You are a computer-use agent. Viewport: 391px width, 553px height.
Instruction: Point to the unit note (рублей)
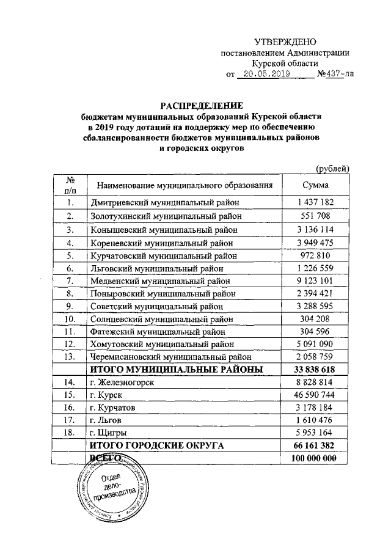tap(332, 168)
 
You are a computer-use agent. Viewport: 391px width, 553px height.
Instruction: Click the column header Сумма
tap(316, 185)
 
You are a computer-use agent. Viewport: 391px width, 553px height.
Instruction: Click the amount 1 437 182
tap(316, 202)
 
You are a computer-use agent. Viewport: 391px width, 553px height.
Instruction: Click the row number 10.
tap(70, 318)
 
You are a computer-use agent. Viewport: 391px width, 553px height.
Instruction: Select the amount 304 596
tap(316, 331)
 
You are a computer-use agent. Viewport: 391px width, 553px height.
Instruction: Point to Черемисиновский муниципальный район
tap(171, 357)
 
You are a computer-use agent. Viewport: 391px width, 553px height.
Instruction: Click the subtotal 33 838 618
tap(316, 369)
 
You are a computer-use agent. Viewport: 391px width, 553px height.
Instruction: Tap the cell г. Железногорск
tap(122, 382)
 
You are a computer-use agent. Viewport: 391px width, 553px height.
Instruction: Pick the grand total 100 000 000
tap(316, 459)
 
